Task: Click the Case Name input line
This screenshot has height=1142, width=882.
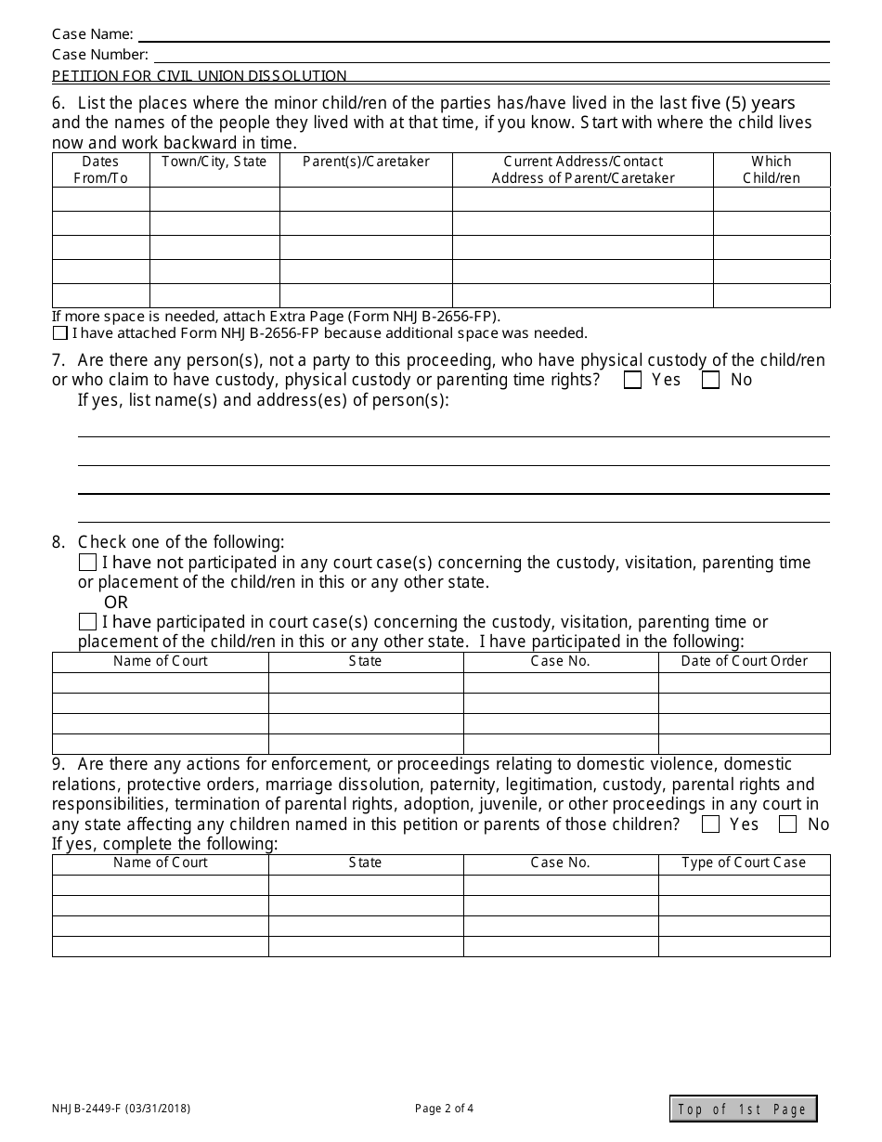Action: [483, 35]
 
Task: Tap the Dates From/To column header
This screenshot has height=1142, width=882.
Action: [100, 170]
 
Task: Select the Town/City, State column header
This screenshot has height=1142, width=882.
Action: [214, 162]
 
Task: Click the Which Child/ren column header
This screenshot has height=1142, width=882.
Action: [772, 170]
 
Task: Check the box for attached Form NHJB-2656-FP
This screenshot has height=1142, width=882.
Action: [60, 333]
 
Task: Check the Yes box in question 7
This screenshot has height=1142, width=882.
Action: [633, 380]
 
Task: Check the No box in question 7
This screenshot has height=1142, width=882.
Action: [711, 380]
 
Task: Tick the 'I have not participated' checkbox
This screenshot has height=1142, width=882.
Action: [87, 563]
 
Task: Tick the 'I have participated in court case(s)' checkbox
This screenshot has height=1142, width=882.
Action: [87, 622]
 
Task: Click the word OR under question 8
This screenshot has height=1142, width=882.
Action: [116, 603]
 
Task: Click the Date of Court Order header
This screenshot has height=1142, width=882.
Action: [745, 661]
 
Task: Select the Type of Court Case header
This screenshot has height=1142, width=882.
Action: [745, 863]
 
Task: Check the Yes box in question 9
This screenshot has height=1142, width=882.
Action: [711, 824]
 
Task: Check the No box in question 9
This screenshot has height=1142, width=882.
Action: [788, 824]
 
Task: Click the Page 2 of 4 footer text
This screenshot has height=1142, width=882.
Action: [444, 1108]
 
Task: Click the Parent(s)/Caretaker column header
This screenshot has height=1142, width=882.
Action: [366, 162]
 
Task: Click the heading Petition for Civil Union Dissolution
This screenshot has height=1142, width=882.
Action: [200, 76]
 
